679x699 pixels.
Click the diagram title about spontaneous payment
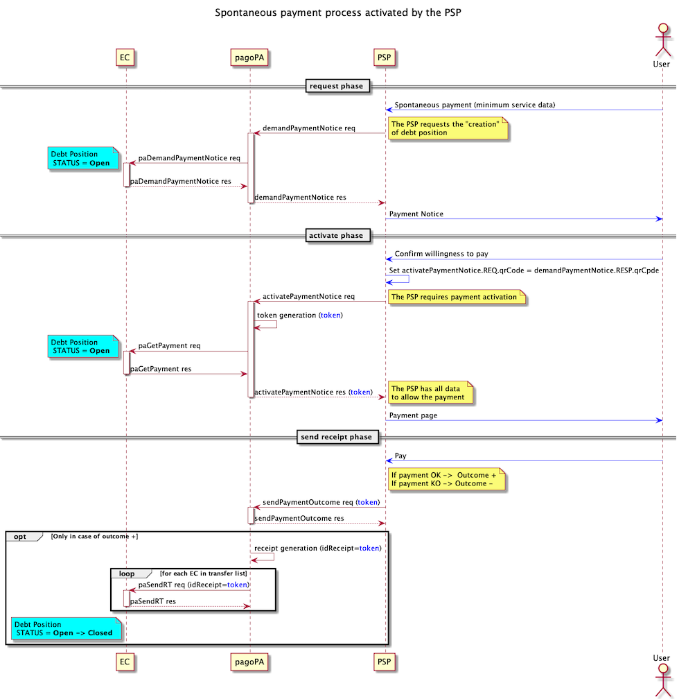[x=339, y=12]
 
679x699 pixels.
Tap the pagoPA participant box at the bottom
[x=249, y=662]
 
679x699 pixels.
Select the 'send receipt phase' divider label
[x=338, y=437]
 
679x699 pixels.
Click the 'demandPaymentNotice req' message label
[x=308, y=128]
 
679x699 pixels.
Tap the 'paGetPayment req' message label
[x=170, y=345]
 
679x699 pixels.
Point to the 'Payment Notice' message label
[x=416, y=214]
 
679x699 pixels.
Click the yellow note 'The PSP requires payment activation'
[x=455, y=297]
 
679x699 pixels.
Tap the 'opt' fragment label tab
[x=21, y=536]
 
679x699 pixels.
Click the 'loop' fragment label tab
[x=127, y=573]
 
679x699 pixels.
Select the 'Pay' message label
[x=400, y=456]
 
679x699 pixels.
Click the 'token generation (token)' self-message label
[x=299, y=315]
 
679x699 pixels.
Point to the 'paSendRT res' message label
[x=152, y=601]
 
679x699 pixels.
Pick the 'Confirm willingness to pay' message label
[x=441, y=254]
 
